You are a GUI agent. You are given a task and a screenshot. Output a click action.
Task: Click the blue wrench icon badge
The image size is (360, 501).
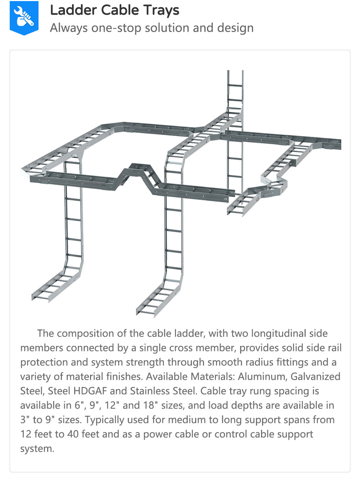tap(24, 17)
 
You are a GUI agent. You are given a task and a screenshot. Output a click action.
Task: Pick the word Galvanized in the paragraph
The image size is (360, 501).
tap(315, 377)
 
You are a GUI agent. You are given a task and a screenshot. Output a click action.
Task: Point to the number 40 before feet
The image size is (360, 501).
tap(73, 434)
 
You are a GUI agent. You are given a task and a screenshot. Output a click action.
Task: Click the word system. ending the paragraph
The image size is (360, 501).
tap(37, 448)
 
